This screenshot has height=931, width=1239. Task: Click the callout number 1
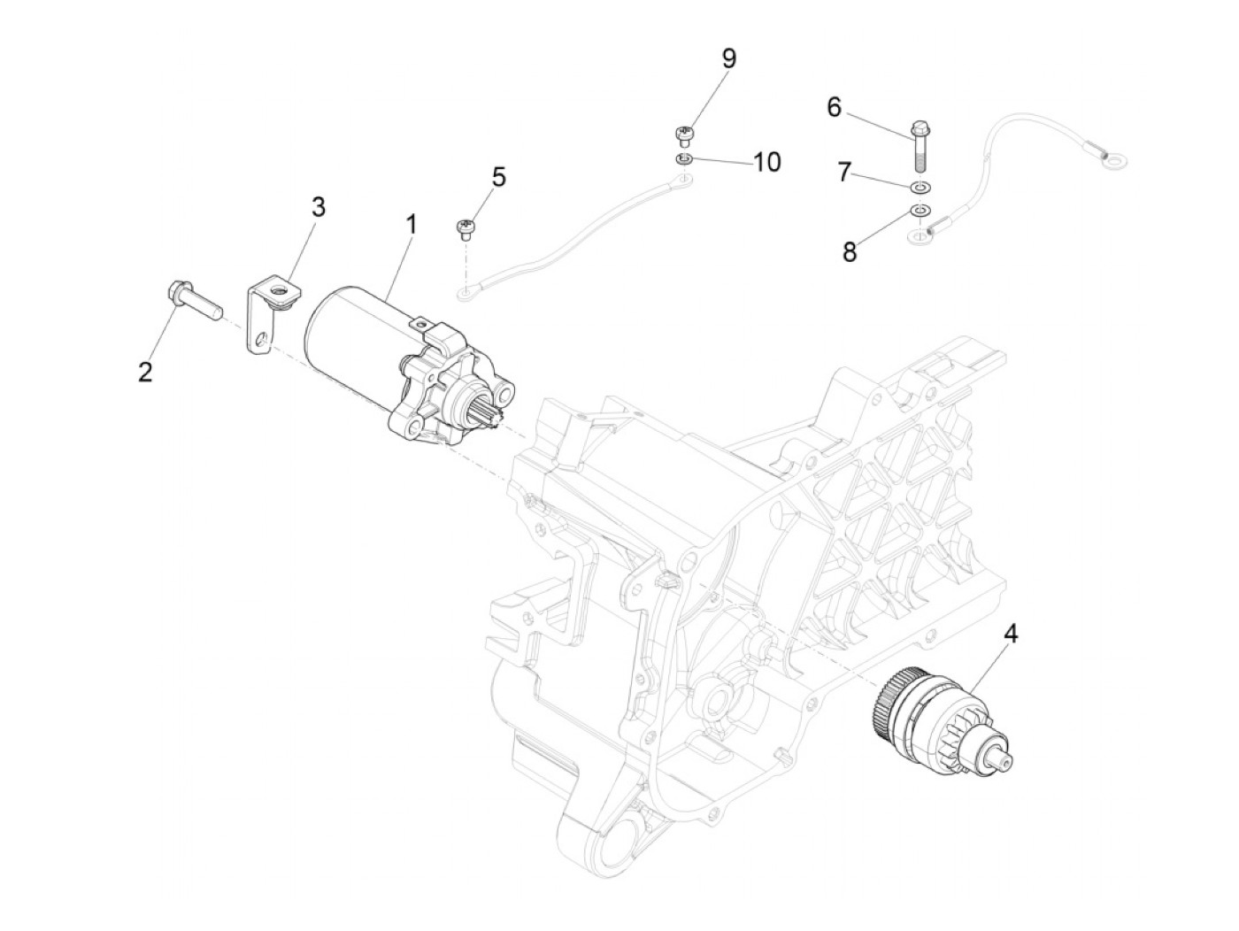point(410,226)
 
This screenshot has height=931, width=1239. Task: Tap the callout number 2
point(145,372)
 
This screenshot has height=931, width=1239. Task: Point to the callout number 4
point(1010,634)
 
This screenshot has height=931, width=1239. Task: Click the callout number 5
point(499,177)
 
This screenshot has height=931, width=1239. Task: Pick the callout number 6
point(834,107)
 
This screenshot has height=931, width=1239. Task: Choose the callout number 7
point(844,172)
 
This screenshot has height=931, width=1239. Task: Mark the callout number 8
point(850,251)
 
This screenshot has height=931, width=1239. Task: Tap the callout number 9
point(728,59)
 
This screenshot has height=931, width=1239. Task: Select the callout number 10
point(767,162)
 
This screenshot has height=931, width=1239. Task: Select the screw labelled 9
point(681,135)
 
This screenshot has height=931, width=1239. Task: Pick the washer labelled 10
point(682,159)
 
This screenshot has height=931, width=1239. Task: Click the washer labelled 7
point(921,188)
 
